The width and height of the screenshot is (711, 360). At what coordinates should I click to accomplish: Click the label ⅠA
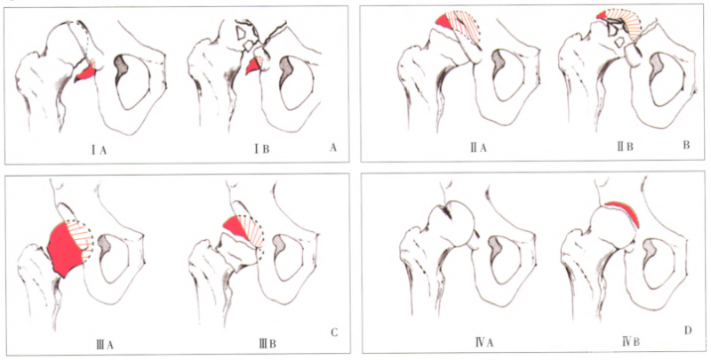tap(99, 149)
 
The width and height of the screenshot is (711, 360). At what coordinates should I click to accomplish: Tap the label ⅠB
tap(261, 149)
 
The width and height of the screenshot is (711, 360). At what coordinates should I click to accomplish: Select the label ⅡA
tap(478, 147)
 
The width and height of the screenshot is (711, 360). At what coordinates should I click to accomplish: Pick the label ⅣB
tap(631, 341)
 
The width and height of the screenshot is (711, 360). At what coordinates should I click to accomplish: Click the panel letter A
tap(333, 147)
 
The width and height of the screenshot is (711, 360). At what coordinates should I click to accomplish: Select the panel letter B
tap(686, 145)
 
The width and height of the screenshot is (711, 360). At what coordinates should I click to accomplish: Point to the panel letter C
tap(334, 332)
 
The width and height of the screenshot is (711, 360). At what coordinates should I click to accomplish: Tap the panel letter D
tap(688, 331)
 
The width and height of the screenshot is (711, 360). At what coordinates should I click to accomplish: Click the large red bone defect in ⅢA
tap(65, 249)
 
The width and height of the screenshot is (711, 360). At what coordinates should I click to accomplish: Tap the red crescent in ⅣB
tap(626, 212)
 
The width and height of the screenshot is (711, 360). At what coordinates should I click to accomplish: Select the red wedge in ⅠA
tap(85, 72)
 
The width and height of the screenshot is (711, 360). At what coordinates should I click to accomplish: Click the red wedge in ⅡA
tap(444, 20)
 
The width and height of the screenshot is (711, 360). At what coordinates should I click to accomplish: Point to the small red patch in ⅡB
tap(602, 14)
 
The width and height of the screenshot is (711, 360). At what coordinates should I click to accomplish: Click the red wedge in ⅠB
tap(252, 67)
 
